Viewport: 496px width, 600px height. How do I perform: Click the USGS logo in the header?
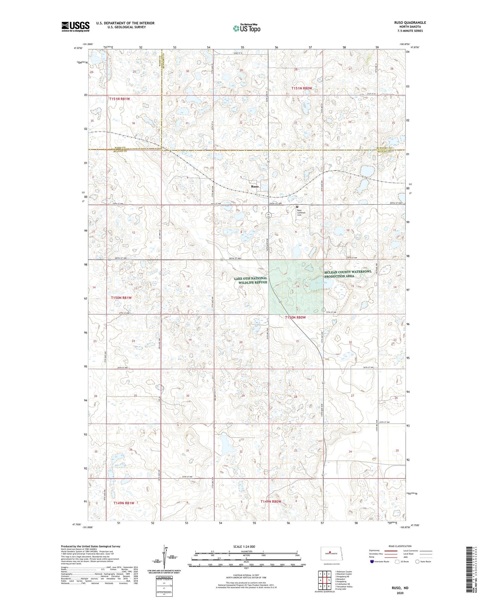point(75,26)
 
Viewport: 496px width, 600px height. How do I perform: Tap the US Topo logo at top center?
point(247,28)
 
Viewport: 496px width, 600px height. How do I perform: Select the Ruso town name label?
point(255,186)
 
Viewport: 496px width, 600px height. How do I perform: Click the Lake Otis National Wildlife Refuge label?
point(250,280)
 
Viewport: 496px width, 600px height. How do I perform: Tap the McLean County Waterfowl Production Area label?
point(348,274)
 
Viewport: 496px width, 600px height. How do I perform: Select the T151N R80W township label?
point(302,88)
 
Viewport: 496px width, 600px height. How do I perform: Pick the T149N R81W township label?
point(124,503)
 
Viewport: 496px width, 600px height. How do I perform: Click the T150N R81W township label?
point(121,298)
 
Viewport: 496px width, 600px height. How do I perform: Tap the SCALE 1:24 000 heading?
point(244,546)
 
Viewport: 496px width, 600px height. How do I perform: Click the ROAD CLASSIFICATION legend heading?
point(400,546)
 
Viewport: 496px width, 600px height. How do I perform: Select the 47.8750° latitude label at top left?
point(78,48)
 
